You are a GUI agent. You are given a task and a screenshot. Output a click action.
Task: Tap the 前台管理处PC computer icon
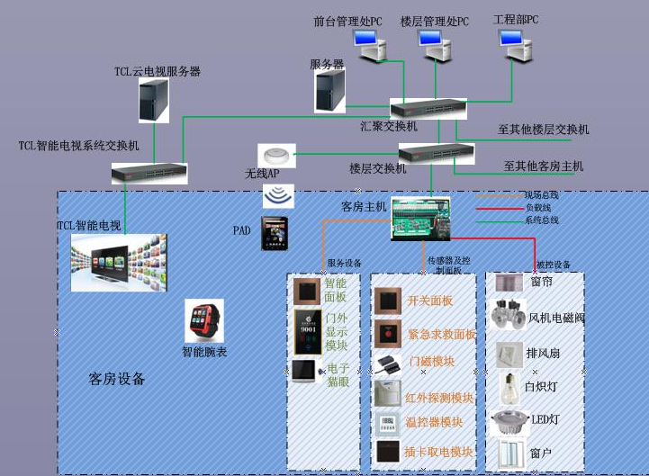point(368,45)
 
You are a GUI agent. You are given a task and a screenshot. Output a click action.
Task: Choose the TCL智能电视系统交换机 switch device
point(149,171)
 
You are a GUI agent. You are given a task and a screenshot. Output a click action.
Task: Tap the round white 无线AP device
point(276,154)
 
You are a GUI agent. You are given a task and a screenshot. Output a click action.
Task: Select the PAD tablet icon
point(275,233)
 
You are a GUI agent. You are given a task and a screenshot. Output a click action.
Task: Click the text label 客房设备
point(117,379)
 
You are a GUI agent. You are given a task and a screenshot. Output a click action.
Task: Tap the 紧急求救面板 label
point(442,334)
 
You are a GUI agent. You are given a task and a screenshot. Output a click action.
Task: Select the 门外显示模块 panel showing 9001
point(307,332)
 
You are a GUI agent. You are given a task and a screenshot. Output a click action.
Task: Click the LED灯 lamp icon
point(510,420)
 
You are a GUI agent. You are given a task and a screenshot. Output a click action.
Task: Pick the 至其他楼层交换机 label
point(543,130)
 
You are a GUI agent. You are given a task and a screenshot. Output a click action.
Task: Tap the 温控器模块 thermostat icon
point(388,422)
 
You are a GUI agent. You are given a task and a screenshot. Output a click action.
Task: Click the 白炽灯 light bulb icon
point(510,386)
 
